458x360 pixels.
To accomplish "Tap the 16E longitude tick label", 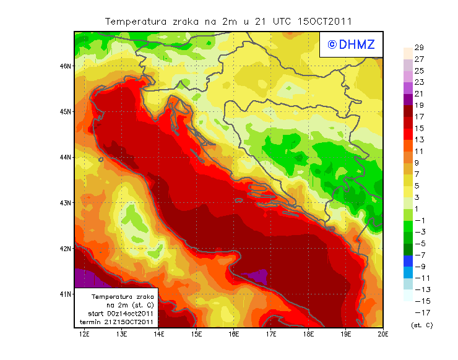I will (234, 334).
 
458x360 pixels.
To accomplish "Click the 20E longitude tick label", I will (383, 334).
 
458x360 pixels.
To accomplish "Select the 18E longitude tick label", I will (309, 334).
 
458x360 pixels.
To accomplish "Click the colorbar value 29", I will (419, 48).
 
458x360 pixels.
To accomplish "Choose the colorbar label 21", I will (419, 93).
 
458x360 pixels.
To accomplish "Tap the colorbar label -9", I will (419, 267).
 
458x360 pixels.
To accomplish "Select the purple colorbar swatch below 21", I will (407, 99).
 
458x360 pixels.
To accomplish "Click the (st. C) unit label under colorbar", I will (421, 325).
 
